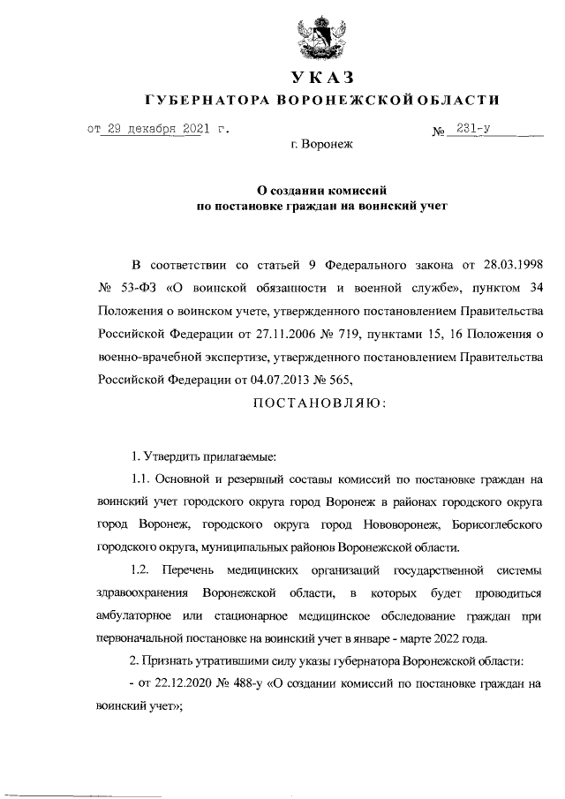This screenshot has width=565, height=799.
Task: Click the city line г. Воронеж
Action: click(321, 144)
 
